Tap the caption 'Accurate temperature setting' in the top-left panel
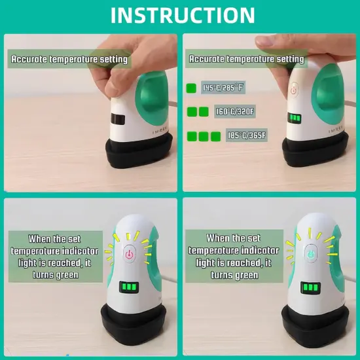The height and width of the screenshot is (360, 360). [x=69, y=60]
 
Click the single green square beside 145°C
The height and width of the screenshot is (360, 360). [x=191, y=88]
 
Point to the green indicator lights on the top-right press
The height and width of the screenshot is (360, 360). [x=296, y=118]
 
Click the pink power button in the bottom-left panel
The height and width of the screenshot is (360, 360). [x=129, y=254]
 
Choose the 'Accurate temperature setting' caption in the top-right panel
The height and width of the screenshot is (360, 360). [x=246, y=60]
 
